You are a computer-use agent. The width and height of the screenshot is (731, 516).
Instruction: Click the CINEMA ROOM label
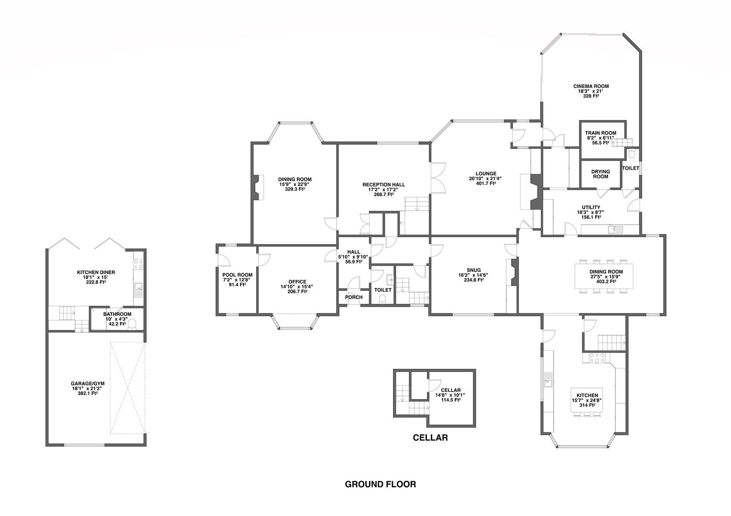591,86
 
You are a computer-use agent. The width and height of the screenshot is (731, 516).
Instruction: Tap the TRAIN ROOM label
600,133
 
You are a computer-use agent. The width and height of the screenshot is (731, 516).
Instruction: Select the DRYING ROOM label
600,174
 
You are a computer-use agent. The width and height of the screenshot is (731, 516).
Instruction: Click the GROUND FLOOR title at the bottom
380,484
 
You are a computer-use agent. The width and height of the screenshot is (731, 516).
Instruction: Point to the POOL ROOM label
237,275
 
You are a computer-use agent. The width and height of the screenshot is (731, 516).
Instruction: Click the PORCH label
354,297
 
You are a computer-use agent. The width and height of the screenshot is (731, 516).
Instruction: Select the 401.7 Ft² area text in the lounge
486,184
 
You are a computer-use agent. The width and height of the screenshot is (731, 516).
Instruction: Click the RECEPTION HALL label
383,184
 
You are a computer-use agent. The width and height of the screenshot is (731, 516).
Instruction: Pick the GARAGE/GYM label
87,383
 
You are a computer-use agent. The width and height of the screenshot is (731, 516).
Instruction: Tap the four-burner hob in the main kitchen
597,358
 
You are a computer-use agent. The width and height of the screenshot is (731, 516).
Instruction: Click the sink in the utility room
615,230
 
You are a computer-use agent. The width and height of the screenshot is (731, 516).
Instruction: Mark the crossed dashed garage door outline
127,387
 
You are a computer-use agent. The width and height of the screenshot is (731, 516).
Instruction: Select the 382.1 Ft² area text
87,394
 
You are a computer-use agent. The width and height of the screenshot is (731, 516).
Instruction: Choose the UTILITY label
591,207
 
